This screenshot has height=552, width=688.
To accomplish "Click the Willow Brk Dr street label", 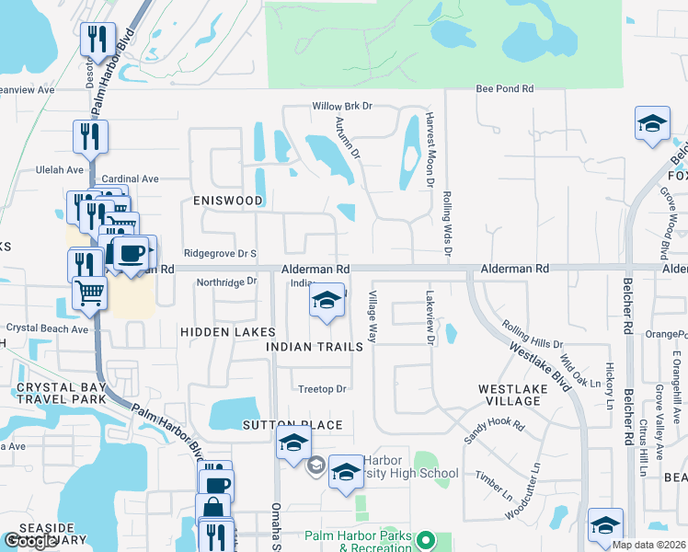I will (x=341, y=106).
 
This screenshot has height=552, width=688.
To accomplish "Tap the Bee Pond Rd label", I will (x=504, y=89).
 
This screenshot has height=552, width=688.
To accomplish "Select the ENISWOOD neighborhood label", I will (x=227, y=200).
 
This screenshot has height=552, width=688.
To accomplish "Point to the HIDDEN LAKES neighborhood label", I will (x=227, y=331).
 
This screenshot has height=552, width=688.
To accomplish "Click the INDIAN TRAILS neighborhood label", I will (x=309, y=347).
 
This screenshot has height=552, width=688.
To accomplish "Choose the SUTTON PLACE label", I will (x=292, y=425).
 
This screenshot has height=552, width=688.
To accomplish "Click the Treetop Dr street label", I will (x=321, y=389).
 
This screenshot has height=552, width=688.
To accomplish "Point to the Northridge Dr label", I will (x=226, y=282).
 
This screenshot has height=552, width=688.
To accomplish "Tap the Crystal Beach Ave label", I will (x=48, y=328).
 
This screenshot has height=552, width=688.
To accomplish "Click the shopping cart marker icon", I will (x=90, y=293).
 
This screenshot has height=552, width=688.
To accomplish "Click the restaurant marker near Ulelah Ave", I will (x=90, y=136).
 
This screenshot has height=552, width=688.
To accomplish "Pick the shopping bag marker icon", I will (x=212, y=509).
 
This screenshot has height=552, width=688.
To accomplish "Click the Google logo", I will (x=30, y=541).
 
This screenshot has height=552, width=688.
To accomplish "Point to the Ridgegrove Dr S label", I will (x=221, y=252).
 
